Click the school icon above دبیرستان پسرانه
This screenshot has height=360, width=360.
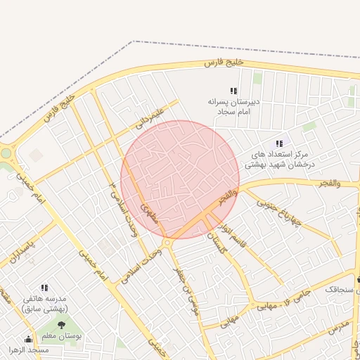click(233, 91)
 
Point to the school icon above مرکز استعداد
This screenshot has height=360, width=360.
click(280, 143)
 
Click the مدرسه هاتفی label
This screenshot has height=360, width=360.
click(44, 304)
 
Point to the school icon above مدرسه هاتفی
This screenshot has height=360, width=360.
click(44, 288)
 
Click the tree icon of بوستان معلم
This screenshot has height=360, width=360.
click(60, 325)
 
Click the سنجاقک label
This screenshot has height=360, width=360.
click(340, 289)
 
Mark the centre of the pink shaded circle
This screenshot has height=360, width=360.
click(180, 179)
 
